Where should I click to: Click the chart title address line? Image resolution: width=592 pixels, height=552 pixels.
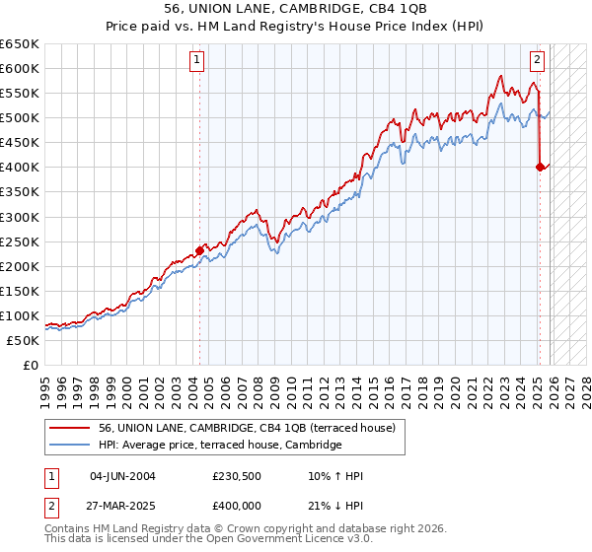(296, 8)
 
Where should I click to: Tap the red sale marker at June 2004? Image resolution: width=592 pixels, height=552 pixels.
(199, 250)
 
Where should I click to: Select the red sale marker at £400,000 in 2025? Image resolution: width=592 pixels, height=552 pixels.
(541, 168)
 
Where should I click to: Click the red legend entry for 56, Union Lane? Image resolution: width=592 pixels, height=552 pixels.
(247, 428)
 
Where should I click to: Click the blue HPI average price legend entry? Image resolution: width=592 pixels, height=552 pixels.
(219, 446)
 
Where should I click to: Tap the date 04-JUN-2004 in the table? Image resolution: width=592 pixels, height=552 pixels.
(120, 476)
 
